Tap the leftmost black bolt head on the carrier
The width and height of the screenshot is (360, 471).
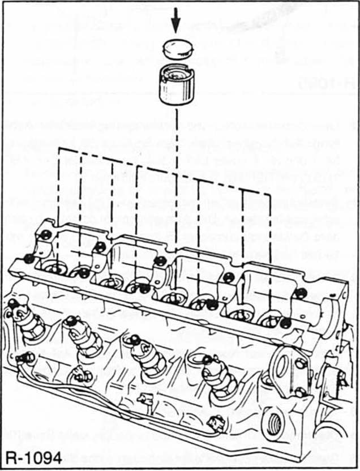(28, 259)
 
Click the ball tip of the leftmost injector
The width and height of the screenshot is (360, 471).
(12, 303)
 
